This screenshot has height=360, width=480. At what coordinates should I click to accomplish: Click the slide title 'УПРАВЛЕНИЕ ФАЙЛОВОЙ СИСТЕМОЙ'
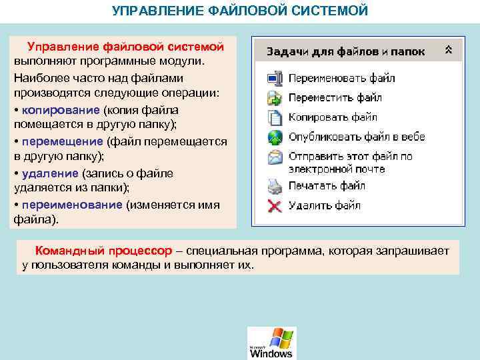(239, 11)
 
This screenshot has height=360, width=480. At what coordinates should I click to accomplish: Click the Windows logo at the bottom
(271, 343)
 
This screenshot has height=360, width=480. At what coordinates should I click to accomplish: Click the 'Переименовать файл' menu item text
(341, 78)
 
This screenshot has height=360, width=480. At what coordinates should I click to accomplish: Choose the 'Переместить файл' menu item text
(335, 98)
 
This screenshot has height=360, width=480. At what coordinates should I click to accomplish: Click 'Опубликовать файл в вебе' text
(356, 137)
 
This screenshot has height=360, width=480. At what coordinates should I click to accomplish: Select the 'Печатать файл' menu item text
(326, 185)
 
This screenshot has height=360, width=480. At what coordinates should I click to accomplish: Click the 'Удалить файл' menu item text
(324, 205)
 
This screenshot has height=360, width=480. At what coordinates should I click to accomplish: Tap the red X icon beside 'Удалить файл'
(274, 205)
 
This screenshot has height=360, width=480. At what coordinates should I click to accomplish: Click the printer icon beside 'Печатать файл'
(274, 185)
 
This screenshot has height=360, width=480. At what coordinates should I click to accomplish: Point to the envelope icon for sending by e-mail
(274, 158)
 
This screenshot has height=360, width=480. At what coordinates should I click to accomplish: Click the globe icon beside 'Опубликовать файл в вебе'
(274, 137)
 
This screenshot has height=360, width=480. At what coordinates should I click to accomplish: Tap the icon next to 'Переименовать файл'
(274, 79)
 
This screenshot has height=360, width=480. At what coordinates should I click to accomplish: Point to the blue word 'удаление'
(50, 173)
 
